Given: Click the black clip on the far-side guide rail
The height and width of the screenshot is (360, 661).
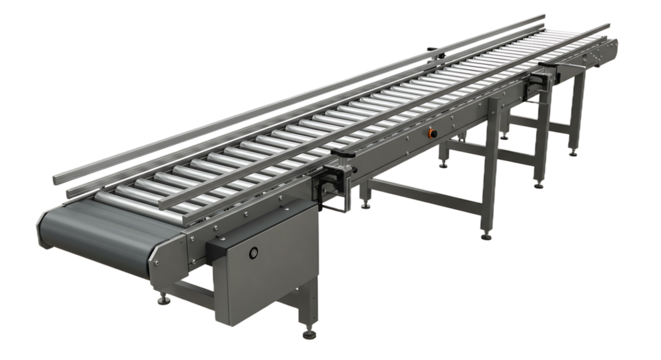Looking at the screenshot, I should coord(430,50).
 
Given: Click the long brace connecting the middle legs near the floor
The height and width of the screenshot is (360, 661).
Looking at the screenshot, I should coord(420,191).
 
